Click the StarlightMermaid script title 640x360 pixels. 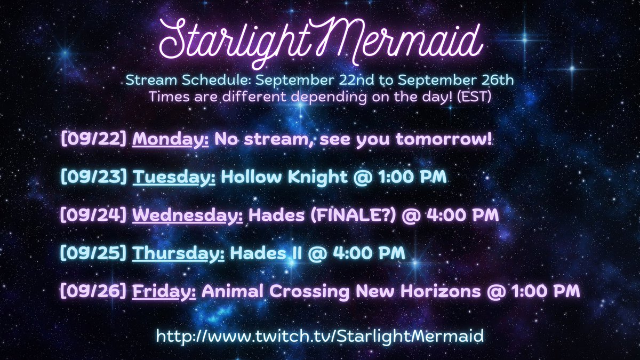[x=319, y=42]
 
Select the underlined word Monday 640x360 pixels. [x=171, y=141]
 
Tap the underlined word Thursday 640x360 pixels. [x=178, y=253]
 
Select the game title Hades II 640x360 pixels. [x=262, y=253]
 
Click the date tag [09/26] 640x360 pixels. [x=94, y=291]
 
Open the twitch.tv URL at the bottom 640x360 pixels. [x=320, y=337]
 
